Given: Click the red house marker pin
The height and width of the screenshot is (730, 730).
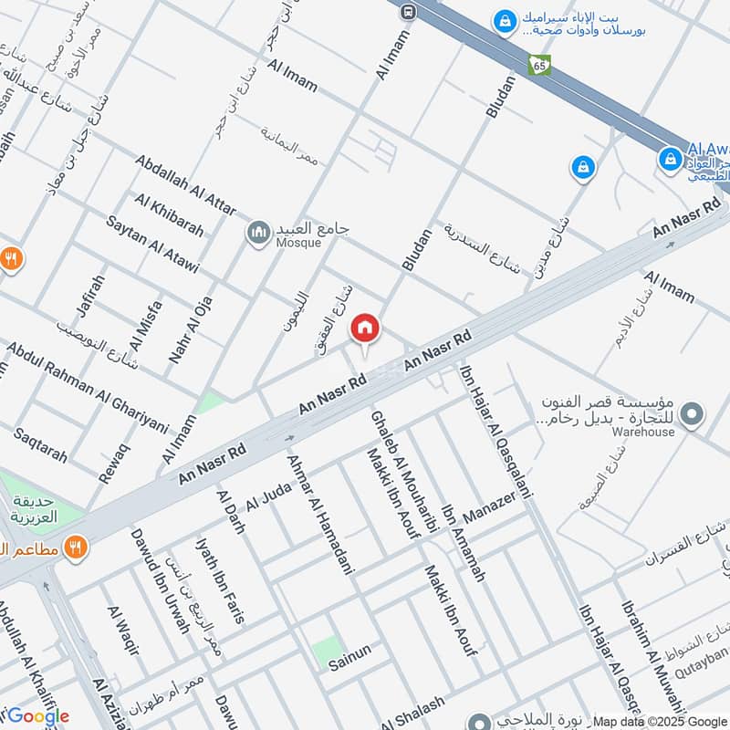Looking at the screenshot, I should (x=365, y=327).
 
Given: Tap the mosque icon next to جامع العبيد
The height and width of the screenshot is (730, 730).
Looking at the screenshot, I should (x=258, y=234).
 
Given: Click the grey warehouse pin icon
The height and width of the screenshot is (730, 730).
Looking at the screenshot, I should (x=693, y=416).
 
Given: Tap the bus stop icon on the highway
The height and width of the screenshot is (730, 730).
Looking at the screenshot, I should (x=408, y=10).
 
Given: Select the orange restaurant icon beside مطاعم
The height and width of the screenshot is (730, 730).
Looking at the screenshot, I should (x=76, y=548).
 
